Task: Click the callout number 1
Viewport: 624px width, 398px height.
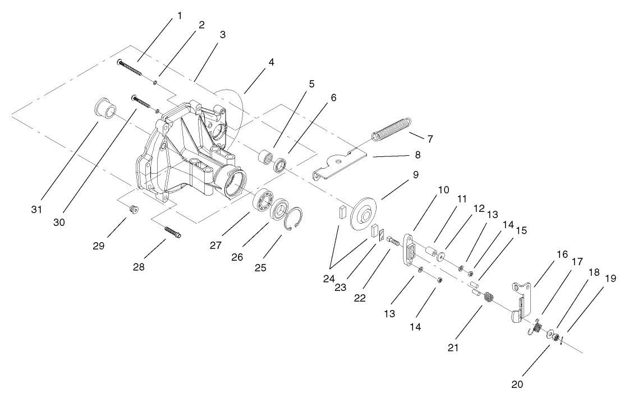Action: [180, 15]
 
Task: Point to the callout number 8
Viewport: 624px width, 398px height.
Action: [417, 154]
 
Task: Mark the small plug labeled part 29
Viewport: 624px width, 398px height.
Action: [134, 210]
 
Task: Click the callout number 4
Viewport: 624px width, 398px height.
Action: [271, 63]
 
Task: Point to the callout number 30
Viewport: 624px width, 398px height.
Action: [59, 222]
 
